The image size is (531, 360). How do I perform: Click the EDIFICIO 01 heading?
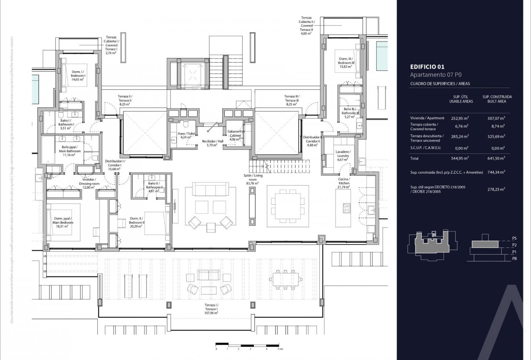pos(427,67)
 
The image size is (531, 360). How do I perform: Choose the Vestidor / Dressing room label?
pos(89,183)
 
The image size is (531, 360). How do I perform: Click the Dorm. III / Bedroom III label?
pos(346,62)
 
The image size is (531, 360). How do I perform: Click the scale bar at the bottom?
pos(247,345)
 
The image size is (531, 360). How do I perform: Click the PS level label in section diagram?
pos(514,238)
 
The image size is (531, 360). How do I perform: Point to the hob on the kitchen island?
pos(346,208)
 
